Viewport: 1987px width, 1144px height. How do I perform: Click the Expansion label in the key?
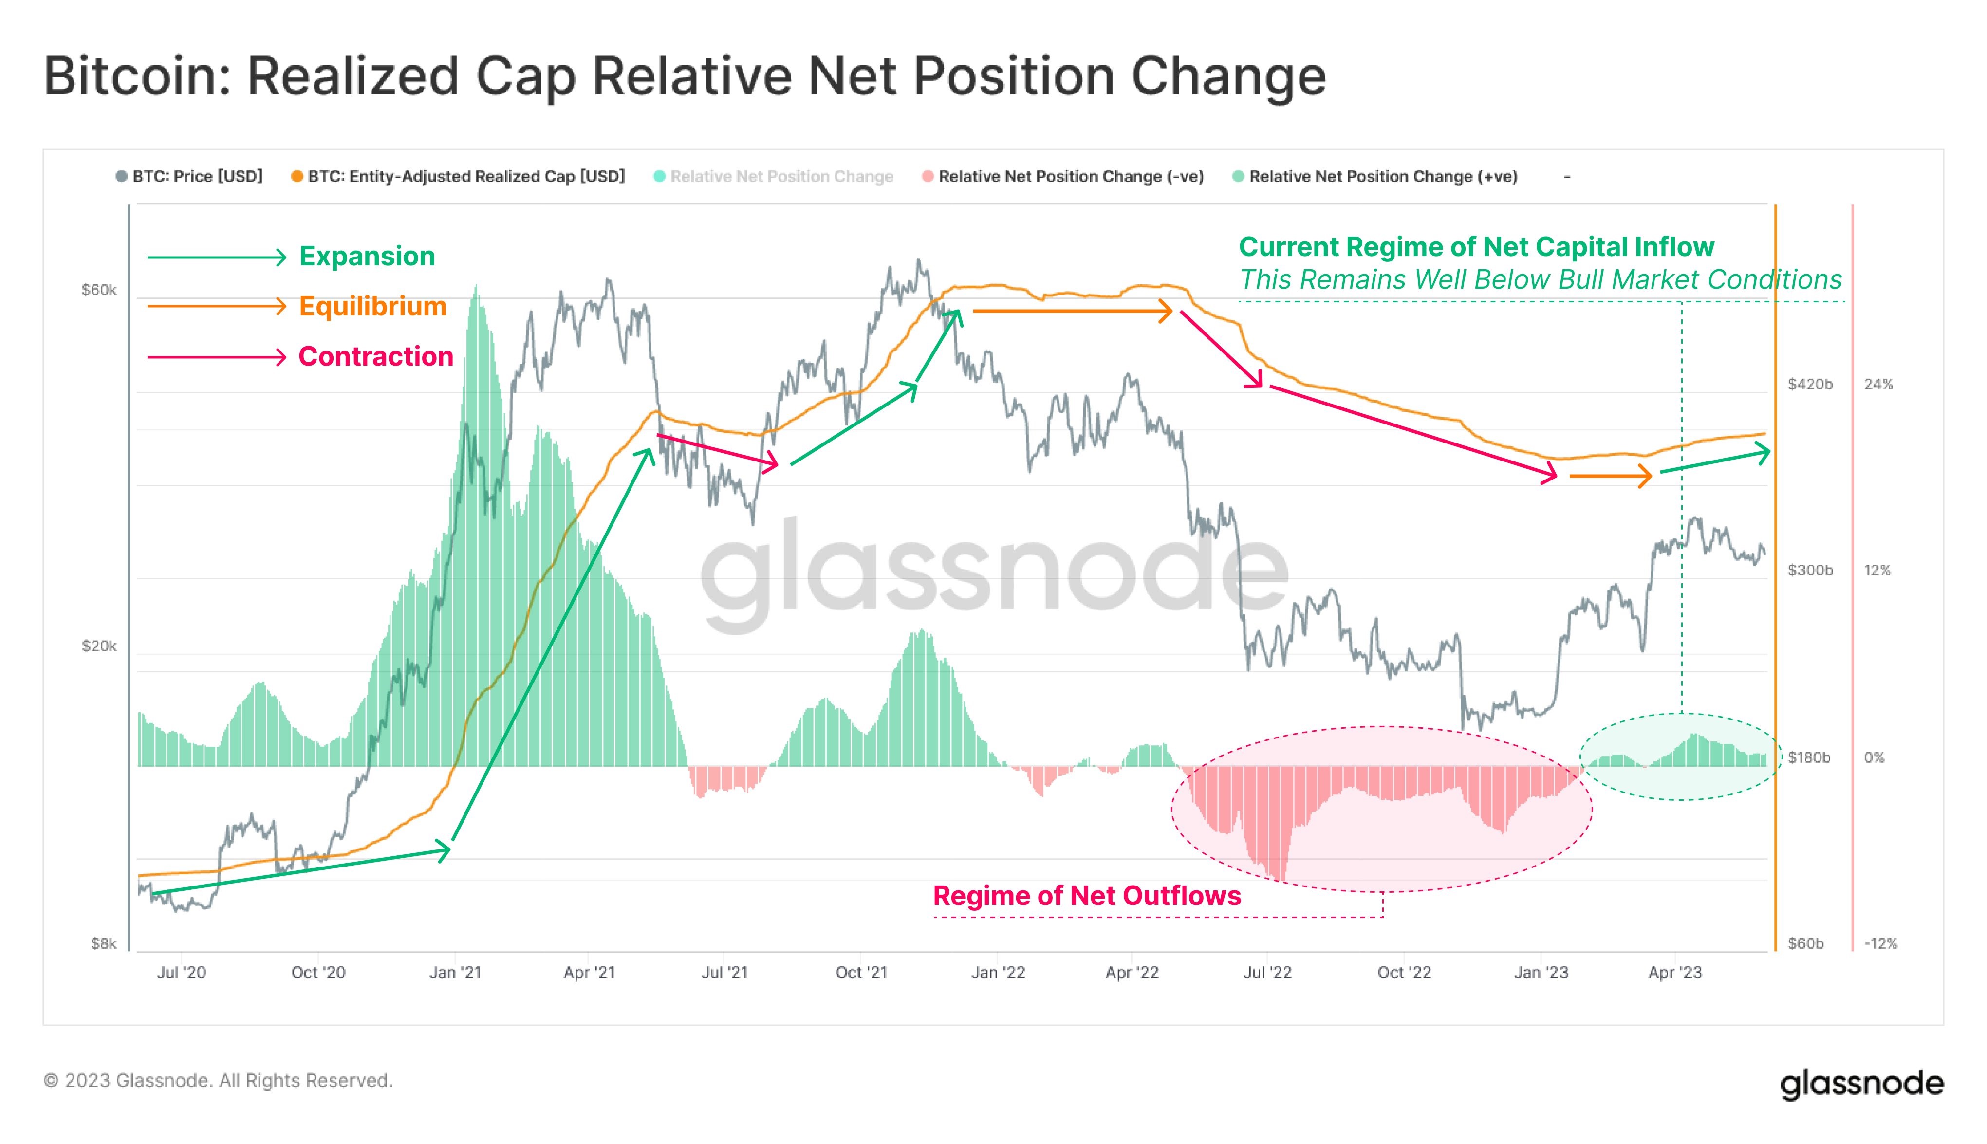pyautogui.click(x=367, y=256)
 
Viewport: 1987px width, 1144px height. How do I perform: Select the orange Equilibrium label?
pyautogui.click(x=372, y=306)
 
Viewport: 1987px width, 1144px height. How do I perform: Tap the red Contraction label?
pyautogui.click(x=375, y=357)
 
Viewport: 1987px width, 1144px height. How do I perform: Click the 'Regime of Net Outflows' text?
pyautogui.click(x=1087, y=896)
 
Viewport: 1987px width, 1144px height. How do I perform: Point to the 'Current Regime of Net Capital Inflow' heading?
pyautogui.click(x=1475, y=247)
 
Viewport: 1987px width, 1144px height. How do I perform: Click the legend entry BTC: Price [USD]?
pyautogui.click(x=196, y=177)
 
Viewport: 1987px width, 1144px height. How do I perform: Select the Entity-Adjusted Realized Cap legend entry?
pyautogui.click(x=465, y=177)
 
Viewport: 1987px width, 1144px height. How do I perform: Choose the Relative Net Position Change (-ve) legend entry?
pyautogui.click(x=1070, y=177)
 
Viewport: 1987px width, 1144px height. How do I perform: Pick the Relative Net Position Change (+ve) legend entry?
pyautogui.click(x=1382, y=177)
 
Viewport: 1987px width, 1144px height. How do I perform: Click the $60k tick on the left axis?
pyautogui.click(x=99, y=291)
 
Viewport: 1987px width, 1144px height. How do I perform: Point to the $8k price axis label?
pyautogui.click(x=104, y=943)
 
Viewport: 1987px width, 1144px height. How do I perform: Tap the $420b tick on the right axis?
pyautogui.click(x=1809, y=384)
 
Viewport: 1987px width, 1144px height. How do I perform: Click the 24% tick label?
pyautogui.click(x=1878, y=384)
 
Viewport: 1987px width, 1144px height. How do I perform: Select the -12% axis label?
pyautogui.click(x=1880, y=943)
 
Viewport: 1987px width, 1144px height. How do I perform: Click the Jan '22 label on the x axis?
pyautogui.click(x=998, y=973)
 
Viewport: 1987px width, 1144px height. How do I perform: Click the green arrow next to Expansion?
pyautogui.click(x=217, y=257)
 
